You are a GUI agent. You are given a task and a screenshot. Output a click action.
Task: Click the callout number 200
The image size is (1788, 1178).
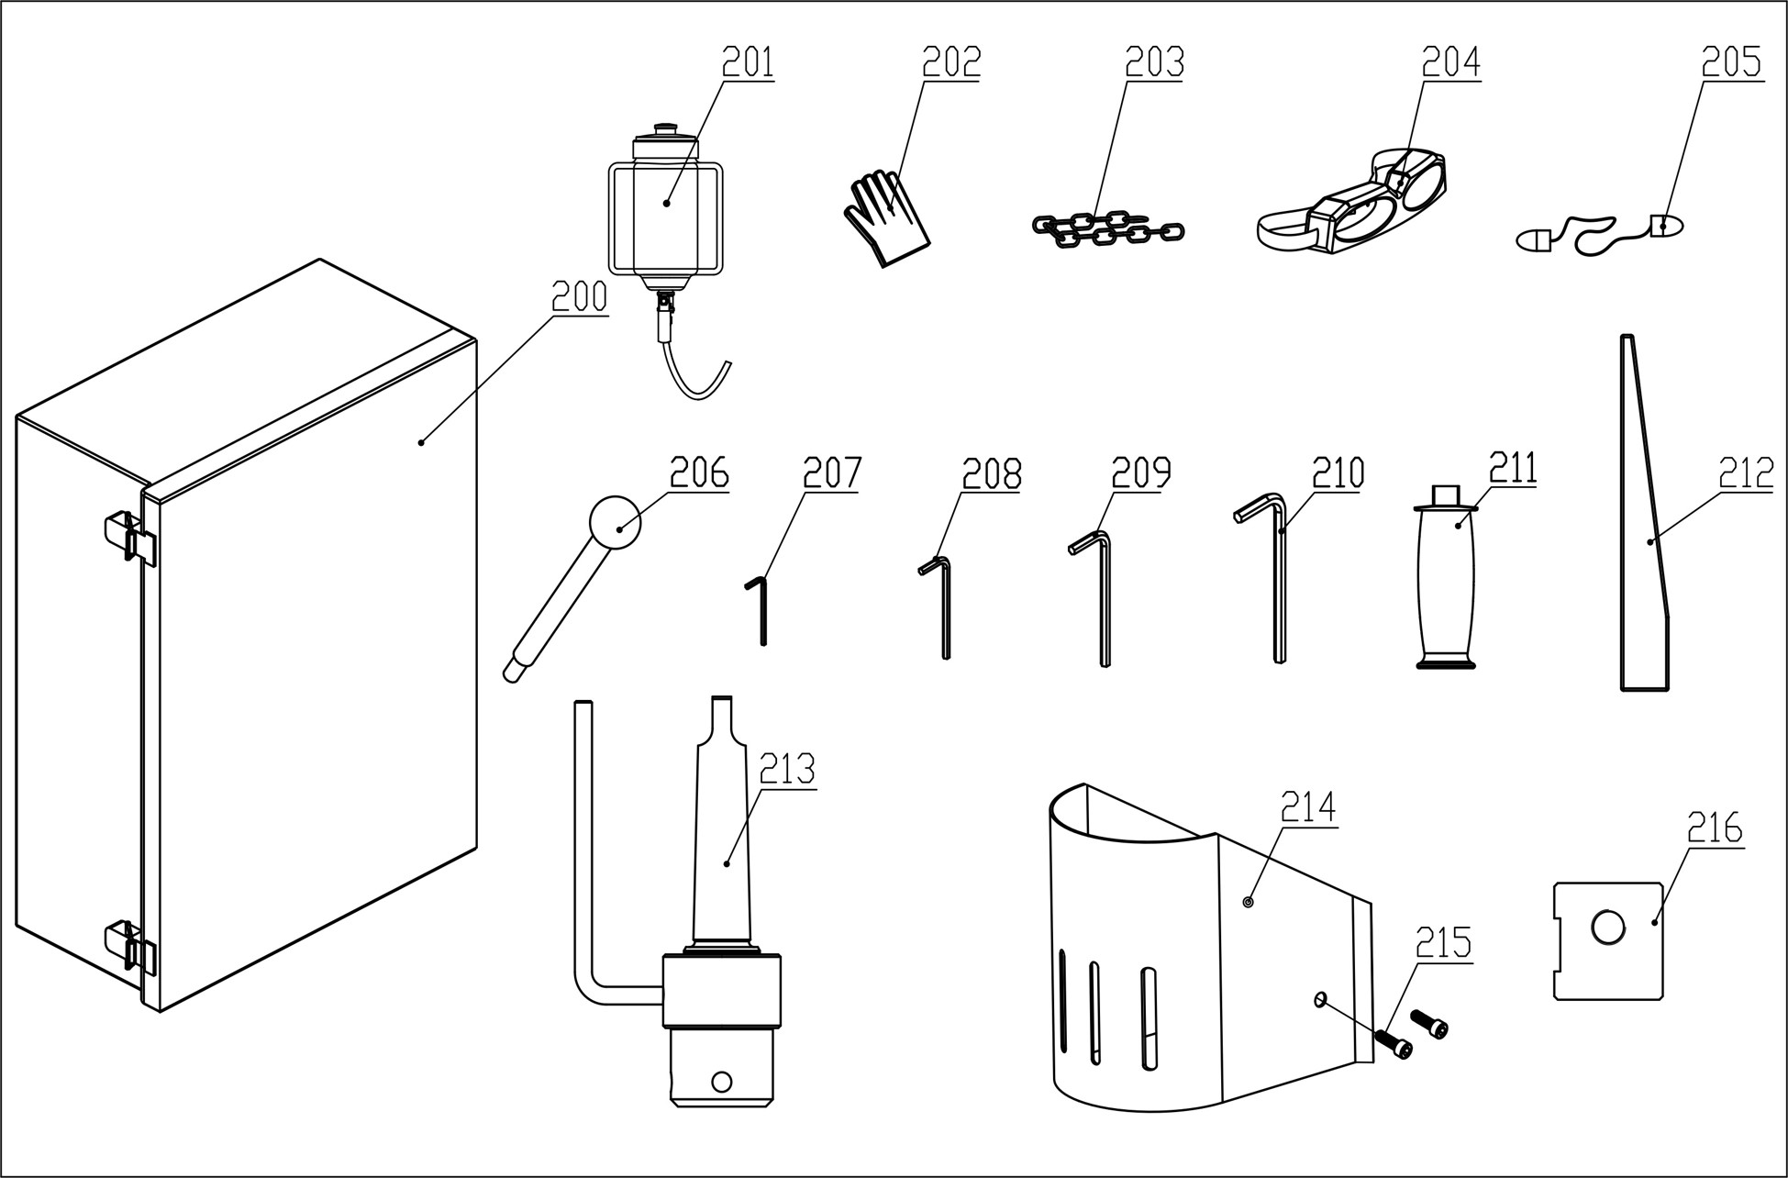[x=579, y=297]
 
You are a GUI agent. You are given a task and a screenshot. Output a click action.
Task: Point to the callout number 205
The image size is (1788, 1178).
[x=1731, y=62]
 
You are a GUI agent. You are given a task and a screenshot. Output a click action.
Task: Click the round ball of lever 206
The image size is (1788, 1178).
[x=615, y=523]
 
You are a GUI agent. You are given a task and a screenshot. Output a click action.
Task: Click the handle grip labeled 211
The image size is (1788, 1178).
[x=1447, y=587]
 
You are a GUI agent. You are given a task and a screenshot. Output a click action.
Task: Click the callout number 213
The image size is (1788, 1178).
[x=787, y=770]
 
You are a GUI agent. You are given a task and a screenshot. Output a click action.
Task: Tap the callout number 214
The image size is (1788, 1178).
[x=1308, y=808]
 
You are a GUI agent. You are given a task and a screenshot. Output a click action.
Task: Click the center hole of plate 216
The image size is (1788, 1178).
[x=1607, y=928]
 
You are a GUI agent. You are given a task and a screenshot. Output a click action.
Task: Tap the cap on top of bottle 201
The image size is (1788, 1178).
[x=664, y=131]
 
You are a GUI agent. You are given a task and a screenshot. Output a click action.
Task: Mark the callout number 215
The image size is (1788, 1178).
[x=1443, y=942]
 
